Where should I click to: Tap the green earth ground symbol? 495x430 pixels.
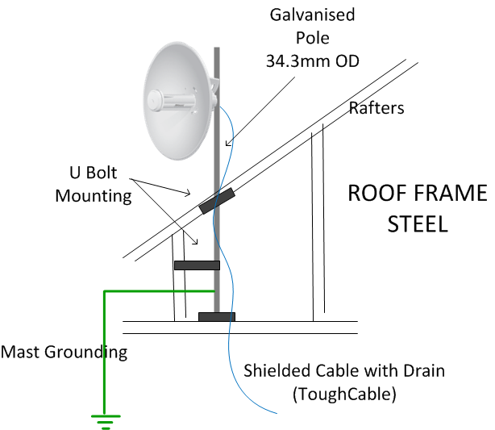pyautogui.click(x=105, y=419)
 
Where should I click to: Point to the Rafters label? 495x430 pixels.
pyautogui.click(x=375, y=108)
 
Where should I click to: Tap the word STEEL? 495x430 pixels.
pyautogui.click(x=418, y=223)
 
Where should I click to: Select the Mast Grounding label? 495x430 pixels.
pyautogui.click(x=64, y=352)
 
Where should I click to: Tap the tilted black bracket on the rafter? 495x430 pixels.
pyautogui.click(x=216, y=201)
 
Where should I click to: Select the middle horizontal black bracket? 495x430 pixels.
pyautogui.click(x=197, y=265)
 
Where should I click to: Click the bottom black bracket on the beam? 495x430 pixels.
pyautogui.click(x=217, y=316)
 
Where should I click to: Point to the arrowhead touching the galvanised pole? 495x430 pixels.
pyautogui.click(x=227, y=145)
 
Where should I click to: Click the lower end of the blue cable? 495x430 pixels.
pyautogui.click(x=276, y=413)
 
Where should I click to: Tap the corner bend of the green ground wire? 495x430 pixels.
pyautogui.click(x=104, y=291)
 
